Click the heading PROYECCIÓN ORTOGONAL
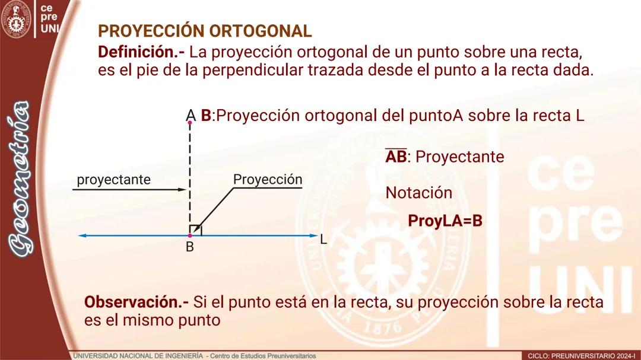click(204, 31)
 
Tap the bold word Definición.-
click(141, 52)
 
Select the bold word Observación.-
click(137, 302)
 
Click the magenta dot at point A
click(190, 123)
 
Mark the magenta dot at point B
click(190, 236)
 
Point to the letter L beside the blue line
click(323, 240)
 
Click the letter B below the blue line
click(190, 247)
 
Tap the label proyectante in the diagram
click(113, 179)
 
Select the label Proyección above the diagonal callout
click(268, 179)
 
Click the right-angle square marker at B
click(194, 230)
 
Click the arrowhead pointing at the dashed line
click(183, 189)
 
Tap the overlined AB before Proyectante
click(396, 157)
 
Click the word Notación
click(418, 193)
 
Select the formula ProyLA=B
click(445, 221)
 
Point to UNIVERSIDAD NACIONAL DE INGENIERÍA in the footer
click(138, 356)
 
